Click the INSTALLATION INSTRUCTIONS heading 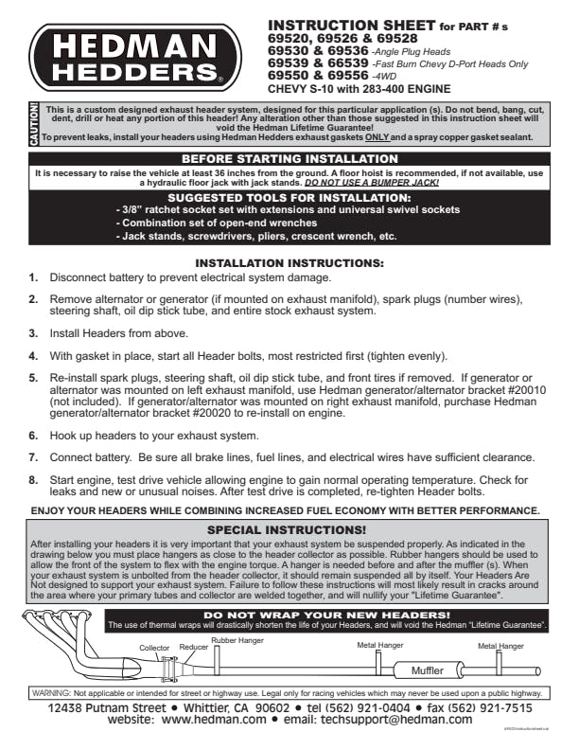click(289, 261)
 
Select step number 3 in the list click(33, 333)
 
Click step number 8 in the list click(33, 478)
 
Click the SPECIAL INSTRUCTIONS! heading click(286, 529)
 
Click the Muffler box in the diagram click(427, 670)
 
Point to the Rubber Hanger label click(237, 640)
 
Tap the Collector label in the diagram click(154, 647)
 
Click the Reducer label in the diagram click(194, 647)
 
